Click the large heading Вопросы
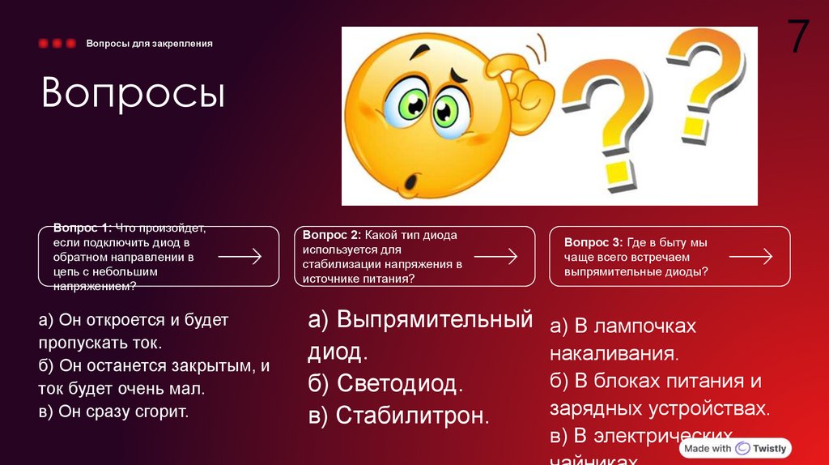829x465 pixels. (133, 94)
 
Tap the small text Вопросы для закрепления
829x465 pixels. (150, 43)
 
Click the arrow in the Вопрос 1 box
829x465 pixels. (240, 257)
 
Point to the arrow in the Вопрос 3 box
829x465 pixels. (750, 257)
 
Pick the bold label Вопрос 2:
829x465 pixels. (332, 235)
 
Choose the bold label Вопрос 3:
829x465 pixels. (593, 242)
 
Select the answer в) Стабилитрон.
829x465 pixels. (398, 416)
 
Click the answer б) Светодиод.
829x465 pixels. (385, 383)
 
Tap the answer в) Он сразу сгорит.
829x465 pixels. (113, 412)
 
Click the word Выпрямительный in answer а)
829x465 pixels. (434, 319)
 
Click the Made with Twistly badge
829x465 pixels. (735, 448)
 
